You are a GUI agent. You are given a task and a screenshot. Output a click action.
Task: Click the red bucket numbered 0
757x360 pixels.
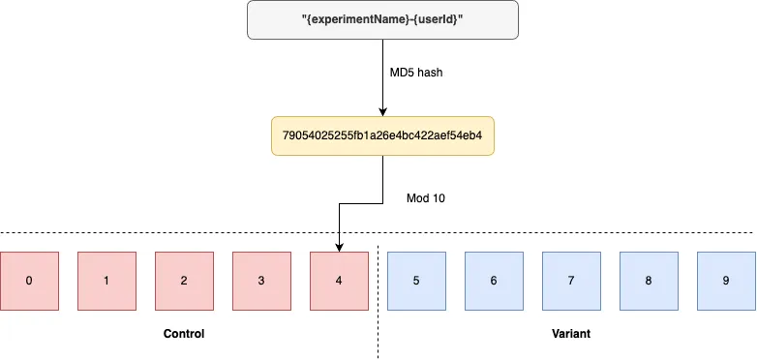pyautogui.click(x=29, y=281)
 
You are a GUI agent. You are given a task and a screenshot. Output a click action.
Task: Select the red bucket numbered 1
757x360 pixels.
pyautogui.click(x=106, y=281)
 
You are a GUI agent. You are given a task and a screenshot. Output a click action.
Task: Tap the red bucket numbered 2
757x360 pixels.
pyautogui.click(x=184, y=281)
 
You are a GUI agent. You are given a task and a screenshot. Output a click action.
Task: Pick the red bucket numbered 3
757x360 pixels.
pyautogui.click(x=261, y=281)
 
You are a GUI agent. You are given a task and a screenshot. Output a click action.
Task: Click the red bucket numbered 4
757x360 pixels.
pyautogui.click(x=339, y=281)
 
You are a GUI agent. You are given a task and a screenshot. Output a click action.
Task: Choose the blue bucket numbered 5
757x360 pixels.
pyautogui.click(x=416, y=281)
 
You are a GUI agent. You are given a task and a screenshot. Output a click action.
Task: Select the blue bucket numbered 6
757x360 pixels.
pyautogui.click(x=494, y=281)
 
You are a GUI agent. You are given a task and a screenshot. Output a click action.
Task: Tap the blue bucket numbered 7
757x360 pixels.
pyautogui.click(x=571, y=281)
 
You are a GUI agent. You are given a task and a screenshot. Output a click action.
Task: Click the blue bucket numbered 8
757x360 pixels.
pyautogui.click(x=649, y=281)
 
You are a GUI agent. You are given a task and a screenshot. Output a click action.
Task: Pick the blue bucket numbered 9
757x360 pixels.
pyautogui.click(x=726, y=281)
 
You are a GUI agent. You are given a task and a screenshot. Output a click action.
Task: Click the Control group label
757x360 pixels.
pyautogui.click(x=184, y=333)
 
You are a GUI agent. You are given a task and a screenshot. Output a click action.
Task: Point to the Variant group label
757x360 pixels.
pyautogui.click(x=571, y=333)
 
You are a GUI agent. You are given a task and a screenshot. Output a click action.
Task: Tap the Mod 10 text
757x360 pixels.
pyautogui.click(x=426, y=197)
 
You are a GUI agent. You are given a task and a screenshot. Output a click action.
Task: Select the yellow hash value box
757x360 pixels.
pyautogui.click(x=383, y=136)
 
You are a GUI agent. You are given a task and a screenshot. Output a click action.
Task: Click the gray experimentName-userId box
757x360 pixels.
pyautogui.click(x=383, y=19)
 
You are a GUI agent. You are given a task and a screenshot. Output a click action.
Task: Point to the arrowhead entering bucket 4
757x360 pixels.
pyautogui.click(x=339, y=247)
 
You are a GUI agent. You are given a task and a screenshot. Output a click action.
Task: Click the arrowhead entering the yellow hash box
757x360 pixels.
pyautogui.click(x=383, y=112)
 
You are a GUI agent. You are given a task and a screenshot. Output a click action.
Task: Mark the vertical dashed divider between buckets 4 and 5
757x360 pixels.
pyautogui.click(x=378, y=300)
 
